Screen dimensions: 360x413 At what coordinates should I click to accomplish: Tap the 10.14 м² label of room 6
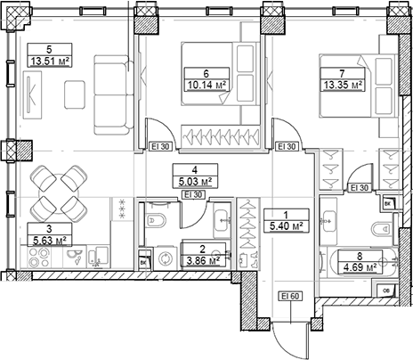[x=205, y=86]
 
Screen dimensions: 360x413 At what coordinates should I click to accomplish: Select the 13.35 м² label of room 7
[x=343, y=86]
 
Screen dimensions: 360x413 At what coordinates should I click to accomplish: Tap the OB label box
[x=385, y=290]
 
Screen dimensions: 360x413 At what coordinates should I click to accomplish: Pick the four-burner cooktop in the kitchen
[x=45, y=258]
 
